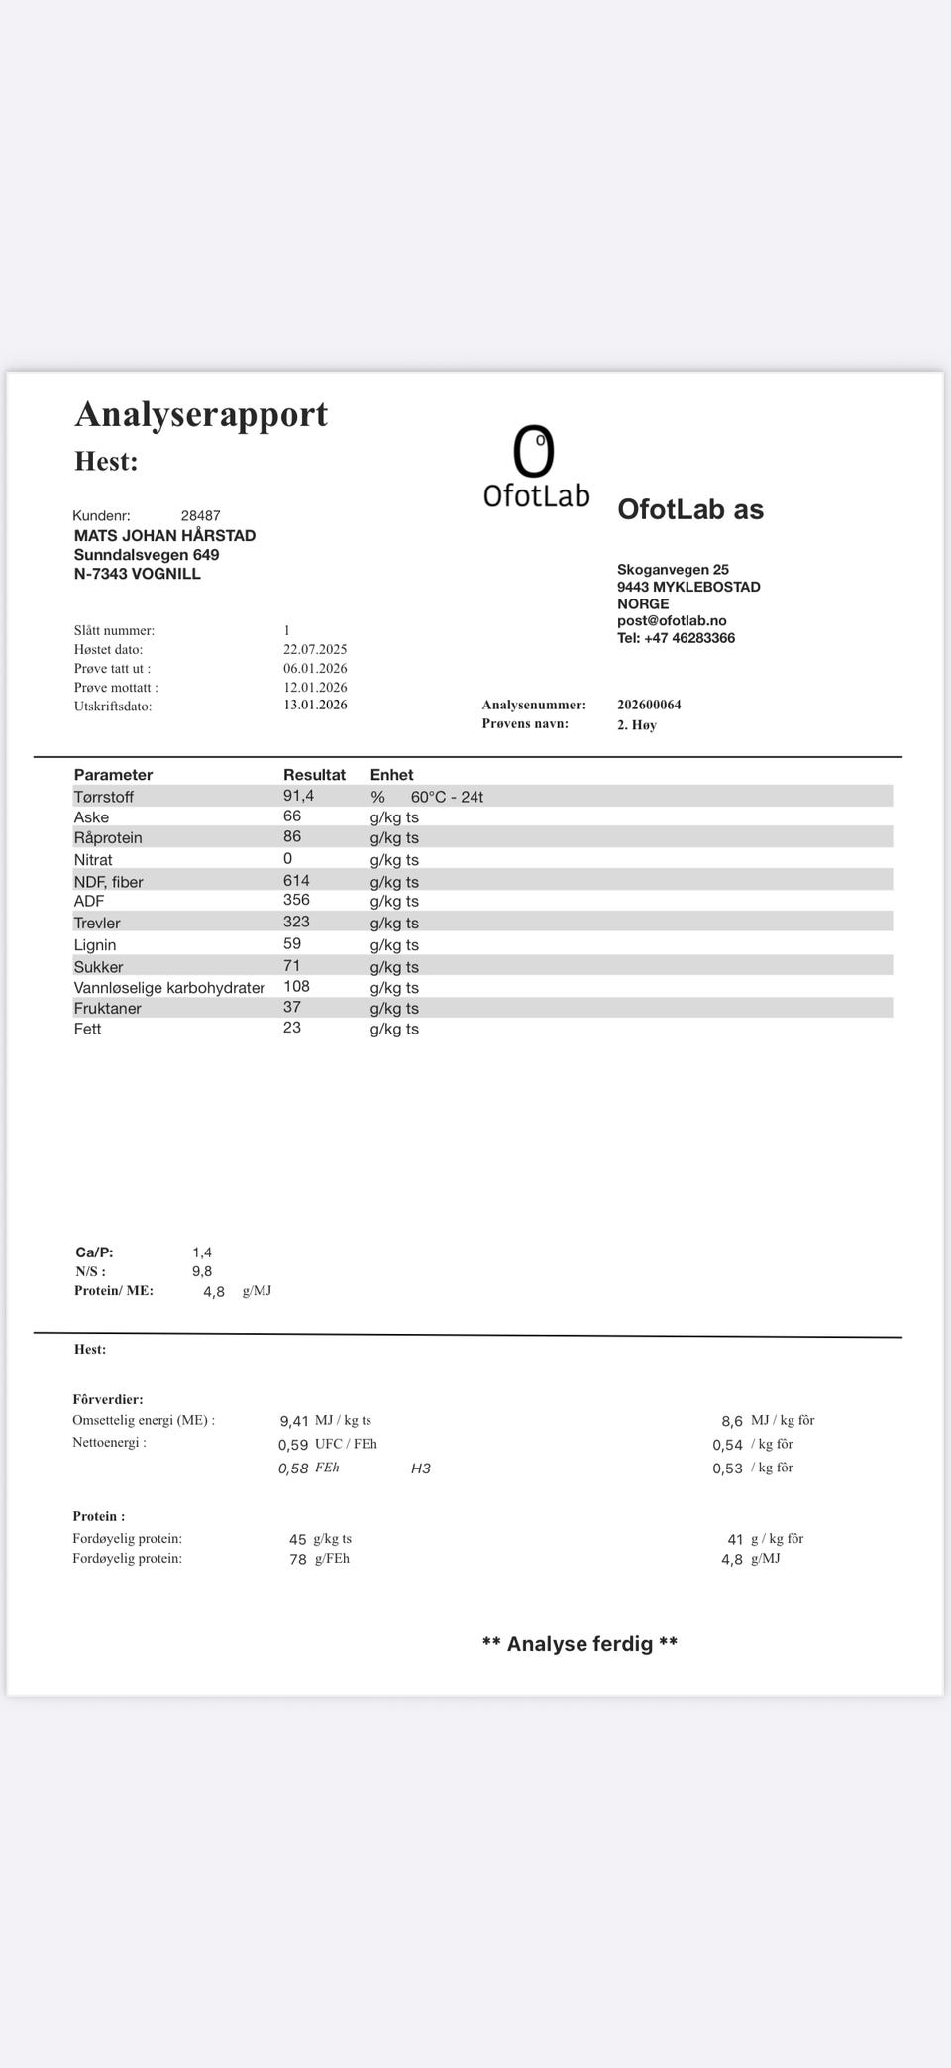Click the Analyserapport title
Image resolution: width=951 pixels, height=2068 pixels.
[201, 414]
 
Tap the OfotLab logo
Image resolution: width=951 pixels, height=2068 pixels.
[536, 467]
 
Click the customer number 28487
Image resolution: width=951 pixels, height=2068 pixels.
[200, 516]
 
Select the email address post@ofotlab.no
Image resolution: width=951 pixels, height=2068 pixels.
[672, 621]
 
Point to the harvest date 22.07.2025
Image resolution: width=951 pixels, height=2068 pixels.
[315, 650]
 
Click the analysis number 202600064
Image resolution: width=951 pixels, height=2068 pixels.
[649, 706]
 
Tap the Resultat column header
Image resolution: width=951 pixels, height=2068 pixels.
[314, 775]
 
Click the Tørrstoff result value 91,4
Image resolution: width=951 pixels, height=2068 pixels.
[298, 796]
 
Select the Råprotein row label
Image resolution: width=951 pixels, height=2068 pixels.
[108, 838]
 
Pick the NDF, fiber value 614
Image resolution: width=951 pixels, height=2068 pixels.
[296, 881]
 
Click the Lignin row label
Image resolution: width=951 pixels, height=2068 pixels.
[95, 945]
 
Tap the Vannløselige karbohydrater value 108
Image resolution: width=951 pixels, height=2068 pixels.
[296, 987]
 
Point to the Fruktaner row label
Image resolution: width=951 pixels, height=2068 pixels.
[107, 1009]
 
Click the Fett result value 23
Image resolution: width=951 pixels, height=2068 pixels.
[292, 1029]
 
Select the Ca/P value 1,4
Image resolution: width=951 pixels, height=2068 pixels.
[202, 1253]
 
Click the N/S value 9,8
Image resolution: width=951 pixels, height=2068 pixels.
[202, 1272]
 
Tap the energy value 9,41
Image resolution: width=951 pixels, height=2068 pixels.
[294, 1422]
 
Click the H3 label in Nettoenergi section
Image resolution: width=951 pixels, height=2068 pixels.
[421, 1469]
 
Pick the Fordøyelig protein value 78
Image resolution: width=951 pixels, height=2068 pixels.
[298, 1560]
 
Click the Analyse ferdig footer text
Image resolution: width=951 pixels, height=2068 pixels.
[580, 1644]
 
